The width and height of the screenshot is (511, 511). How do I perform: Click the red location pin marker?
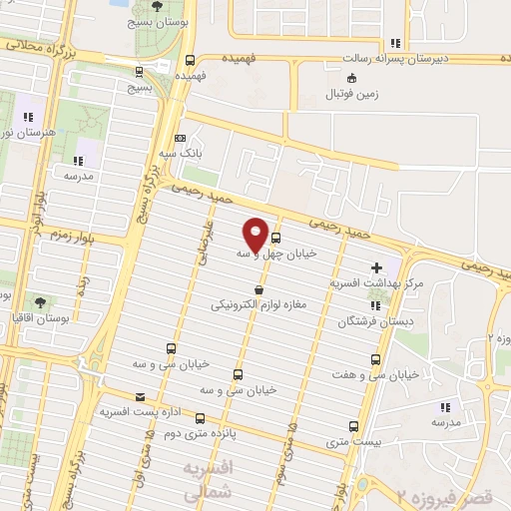(255, 234)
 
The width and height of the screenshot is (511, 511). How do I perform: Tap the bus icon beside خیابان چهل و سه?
(275, 239)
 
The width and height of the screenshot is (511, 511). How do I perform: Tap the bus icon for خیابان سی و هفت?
(376, 359)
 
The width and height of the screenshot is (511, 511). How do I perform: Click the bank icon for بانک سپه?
(180, 139)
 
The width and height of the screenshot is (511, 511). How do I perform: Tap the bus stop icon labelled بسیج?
(137, 72)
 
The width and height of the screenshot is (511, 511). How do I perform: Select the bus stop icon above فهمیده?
(192, 59)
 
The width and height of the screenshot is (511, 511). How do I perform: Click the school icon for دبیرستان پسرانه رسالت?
(396, 44)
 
